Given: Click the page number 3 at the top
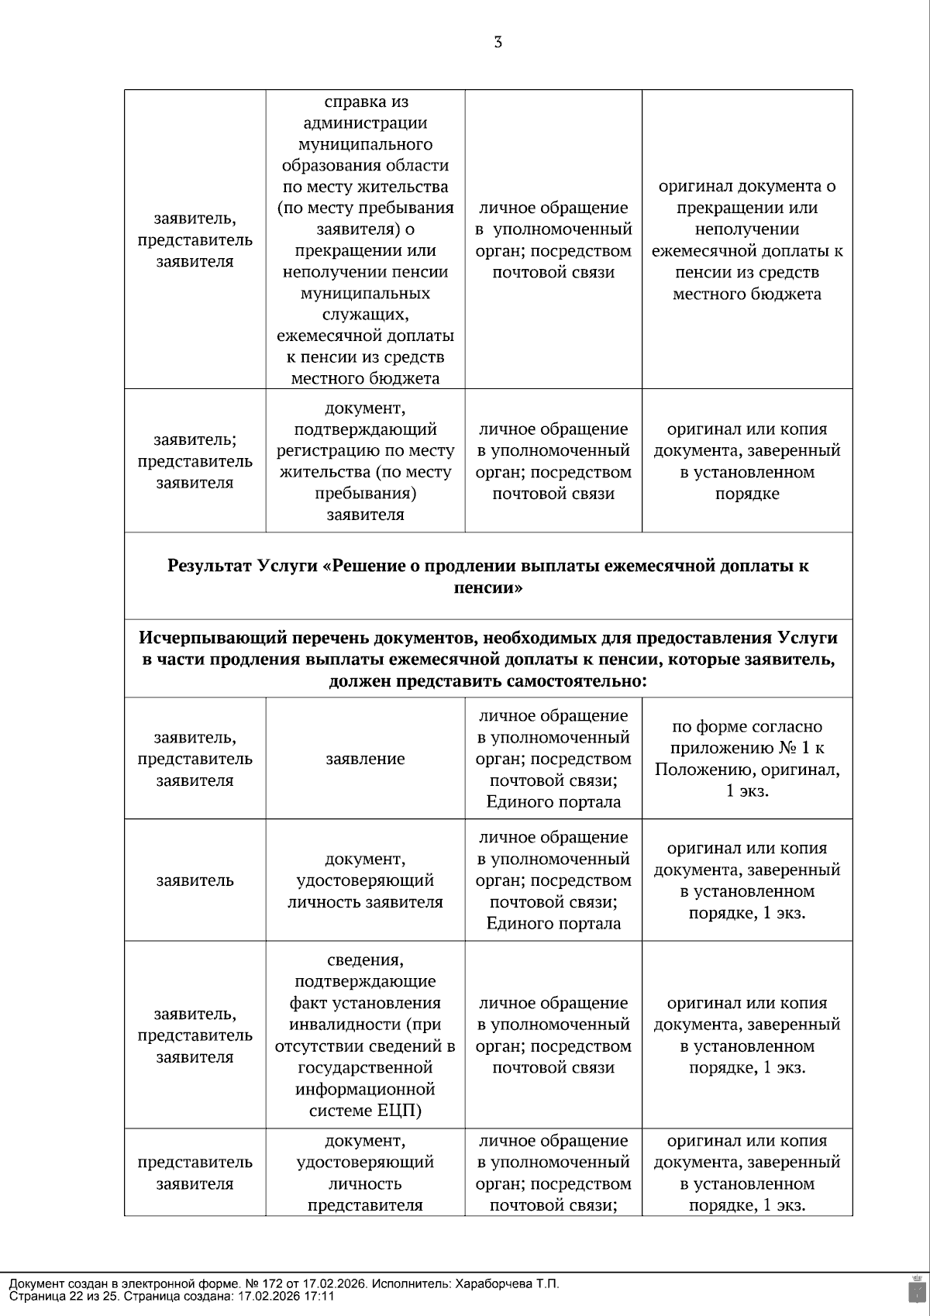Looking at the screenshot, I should [498, 43].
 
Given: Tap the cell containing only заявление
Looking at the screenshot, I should [365, 760].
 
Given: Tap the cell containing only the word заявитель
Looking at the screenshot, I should [195, 880].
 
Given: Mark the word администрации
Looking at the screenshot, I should [366, 123].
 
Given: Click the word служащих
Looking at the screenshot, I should [364, 315].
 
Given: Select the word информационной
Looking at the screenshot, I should [365, 1089].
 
